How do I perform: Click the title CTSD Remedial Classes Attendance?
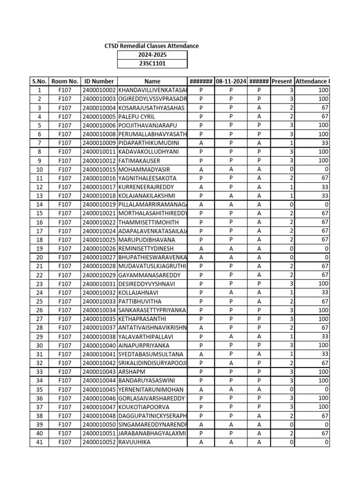(x=151, y=46)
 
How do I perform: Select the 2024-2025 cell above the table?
(x=152, y=55)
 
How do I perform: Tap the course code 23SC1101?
(x=152, y=64)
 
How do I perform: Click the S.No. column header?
(x=39, y=81)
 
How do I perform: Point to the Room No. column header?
(x=65, y=81)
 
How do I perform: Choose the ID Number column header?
(x=99, y=81)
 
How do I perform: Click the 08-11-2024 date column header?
(x=231, y=81)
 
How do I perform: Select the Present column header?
(x=282, y=81)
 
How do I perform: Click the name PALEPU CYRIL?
(x=136, y=116)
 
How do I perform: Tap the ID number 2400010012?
(x=99, y=160)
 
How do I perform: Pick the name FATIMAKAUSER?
(x=140, y=160)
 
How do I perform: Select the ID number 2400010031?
(x=99, y=284)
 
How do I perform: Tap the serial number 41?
(x=39, y=442)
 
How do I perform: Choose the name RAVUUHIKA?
(x=135, y=442)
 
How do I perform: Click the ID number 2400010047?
(x=99, y=407)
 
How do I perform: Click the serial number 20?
(x=39, y=257)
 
